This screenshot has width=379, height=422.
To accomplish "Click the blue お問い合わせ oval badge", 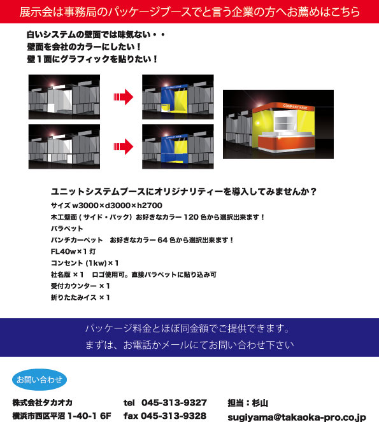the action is (x=39, y=379).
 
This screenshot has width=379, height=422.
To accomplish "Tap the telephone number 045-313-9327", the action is (x=174, y=403).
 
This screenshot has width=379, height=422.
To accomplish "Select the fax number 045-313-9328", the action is (x=174, y=416).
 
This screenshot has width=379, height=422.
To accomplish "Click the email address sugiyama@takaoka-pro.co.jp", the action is (x=297, y=418).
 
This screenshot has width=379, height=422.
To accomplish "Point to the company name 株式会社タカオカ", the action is (x=42, y=403).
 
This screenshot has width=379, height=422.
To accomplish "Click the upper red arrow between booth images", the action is (x=124, y=97).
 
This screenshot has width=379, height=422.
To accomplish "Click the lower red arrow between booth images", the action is (x=124, y=146).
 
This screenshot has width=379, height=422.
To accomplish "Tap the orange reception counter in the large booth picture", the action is (x=287, y=143).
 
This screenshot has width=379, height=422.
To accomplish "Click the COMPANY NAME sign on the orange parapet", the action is (x=295, y=106).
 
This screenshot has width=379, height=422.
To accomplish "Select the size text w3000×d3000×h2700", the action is (x=117, y=206).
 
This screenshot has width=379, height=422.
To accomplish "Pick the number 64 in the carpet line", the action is (x=162, y=240).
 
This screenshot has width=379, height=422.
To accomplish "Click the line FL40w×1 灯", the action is (x=73, y=251).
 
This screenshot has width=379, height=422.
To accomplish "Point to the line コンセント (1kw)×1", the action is (x=85, y=263).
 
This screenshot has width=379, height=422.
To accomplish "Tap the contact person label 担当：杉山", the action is (x=248, y=403).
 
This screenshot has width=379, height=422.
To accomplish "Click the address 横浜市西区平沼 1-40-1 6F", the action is (x=62, y=416).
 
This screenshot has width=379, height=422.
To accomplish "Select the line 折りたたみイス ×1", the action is (x=80, y=297).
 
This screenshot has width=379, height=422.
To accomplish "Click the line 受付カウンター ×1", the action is (x=80, y=286).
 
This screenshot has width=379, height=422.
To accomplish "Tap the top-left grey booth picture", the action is (x=64, y=97).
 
